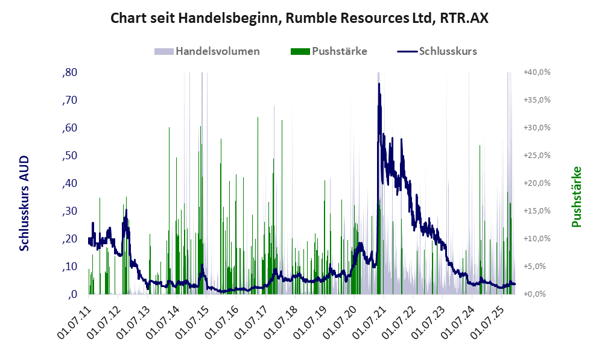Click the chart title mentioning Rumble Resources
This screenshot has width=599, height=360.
[x=299, y=18]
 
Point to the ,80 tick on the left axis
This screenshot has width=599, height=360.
[x=69, y=72]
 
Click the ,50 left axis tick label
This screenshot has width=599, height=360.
[x=69, y=156]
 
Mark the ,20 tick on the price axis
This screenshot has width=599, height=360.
[x=69, y=239]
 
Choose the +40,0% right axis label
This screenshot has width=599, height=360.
[x=536, y=72]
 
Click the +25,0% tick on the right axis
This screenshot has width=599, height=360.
[x=536, y=156]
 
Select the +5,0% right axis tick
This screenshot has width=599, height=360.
[x=536, y=267]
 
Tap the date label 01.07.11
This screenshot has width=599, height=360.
[x=75, y=321]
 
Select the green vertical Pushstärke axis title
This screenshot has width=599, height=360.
[x=577, y=197]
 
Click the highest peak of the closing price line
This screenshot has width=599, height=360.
[x=379, y=84]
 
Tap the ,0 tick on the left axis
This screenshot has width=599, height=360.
[x=72, y=294]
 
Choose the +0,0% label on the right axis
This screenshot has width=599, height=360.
[x=536, y=294]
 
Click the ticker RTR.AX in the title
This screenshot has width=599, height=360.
[x=464, y=18]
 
